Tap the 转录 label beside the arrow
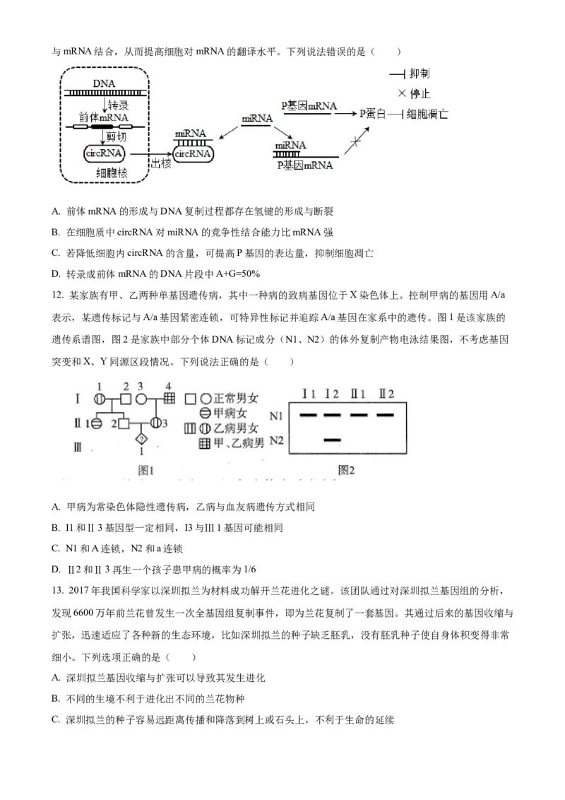tap(119, 105)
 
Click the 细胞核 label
tap(112, 173)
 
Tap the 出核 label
tap(160, 163)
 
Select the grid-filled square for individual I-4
tap(168, 399)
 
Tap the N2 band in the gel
tap(332, 440)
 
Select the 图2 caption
tap(346, 469)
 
